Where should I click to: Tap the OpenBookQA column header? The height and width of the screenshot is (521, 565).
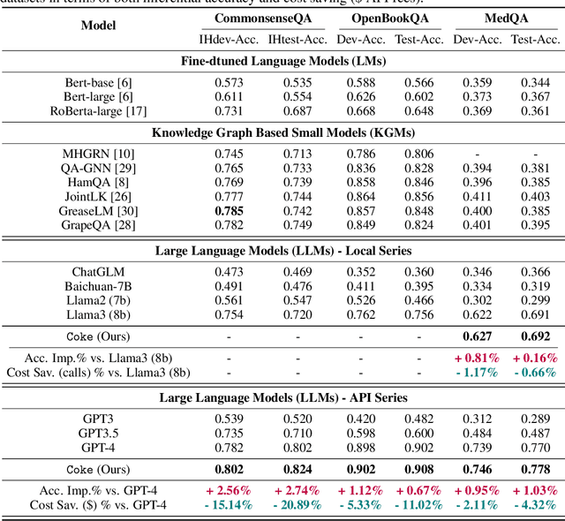[x=389, y=19]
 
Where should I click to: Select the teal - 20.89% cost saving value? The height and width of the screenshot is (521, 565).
[x=298, y=505]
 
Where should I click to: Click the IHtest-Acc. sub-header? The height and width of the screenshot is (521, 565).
[x=298, y=39]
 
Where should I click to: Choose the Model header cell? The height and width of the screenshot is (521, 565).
[x=98, y=26]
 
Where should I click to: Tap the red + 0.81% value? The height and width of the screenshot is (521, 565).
[x=477, y=358]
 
